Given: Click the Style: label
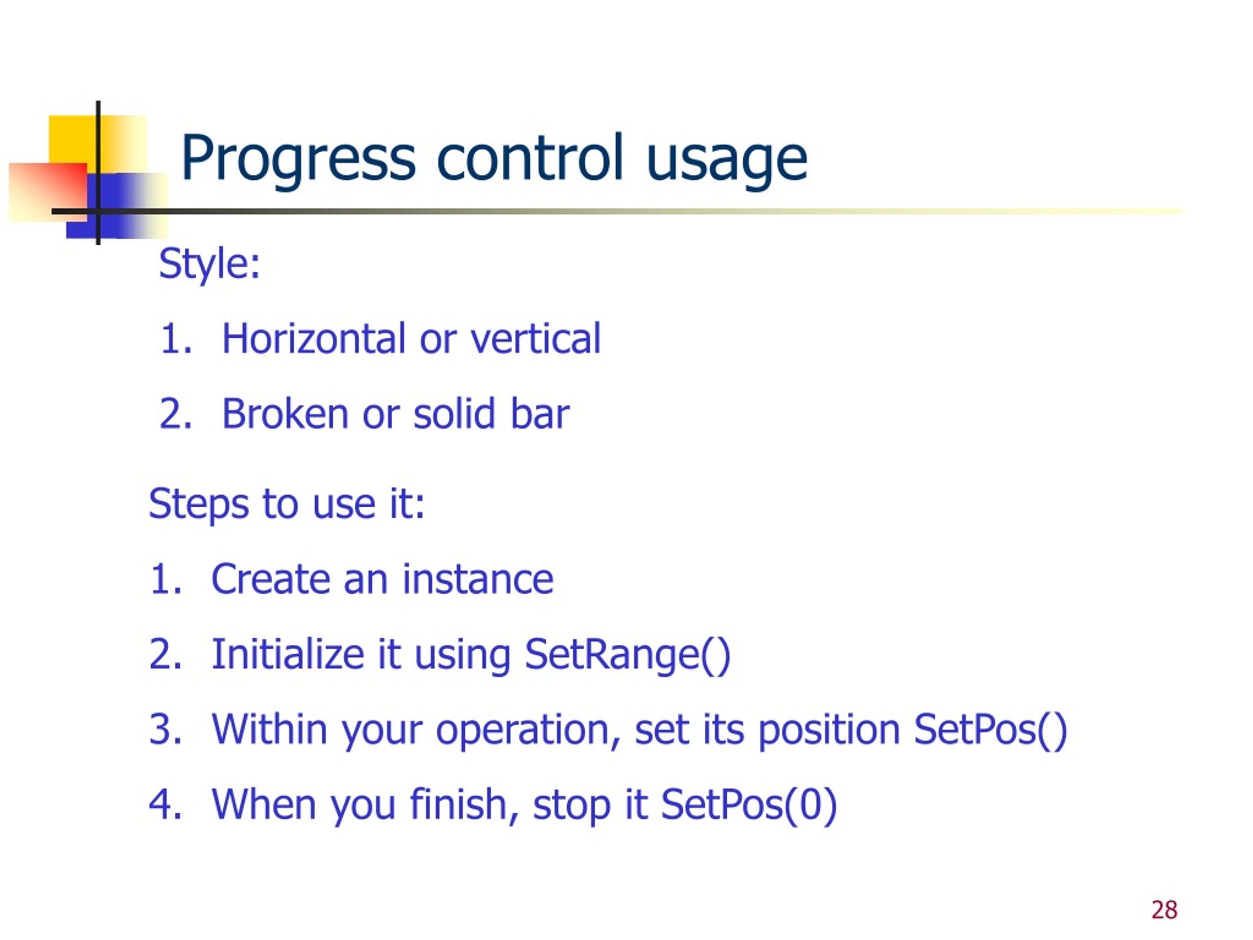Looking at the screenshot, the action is (209, 264).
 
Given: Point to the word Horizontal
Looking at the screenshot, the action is (314, 338).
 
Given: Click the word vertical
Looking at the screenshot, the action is (535, 338).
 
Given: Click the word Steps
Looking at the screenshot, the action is (199, 504).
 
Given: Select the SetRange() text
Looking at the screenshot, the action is (627, 656).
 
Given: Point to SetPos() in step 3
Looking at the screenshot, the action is (990, 730).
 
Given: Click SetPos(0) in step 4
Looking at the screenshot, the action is (749, 805).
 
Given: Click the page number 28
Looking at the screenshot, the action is (1164, 910).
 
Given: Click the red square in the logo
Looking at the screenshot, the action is (48, 192).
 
